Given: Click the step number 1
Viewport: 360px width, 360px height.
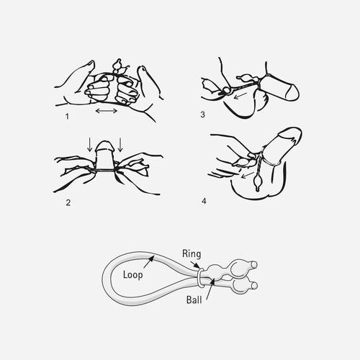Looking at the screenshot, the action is click(x=67, y=117).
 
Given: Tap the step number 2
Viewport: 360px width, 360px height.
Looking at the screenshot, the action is click(x=68, y=203).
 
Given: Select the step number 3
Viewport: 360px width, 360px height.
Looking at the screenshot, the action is click(x=203, y=114).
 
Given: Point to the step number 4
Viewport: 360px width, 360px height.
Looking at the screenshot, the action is click(x=204, y=201).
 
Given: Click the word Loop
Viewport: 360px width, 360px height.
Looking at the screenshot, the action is click(x=132, y=275).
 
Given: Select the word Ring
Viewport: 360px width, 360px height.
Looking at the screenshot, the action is click(x=192, y=254).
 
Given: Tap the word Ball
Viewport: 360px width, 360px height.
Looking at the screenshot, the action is click(x=194, y=300).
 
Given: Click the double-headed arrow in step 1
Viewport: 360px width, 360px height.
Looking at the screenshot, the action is click(x=107, y=111).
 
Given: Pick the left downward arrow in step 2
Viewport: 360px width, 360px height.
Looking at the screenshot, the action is click(x=89, y=144).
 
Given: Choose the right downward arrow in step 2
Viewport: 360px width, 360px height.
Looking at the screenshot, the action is click(x=120, y=144).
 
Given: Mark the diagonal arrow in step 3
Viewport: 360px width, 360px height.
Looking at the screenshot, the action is click(x=240, y=96).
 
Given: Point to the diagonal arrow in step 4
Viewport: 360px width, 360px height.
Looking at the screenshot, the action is click(x=247, y=175).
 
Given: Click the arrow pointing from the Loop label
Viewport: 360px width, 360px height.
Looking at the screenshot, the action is click(x=149, y=262).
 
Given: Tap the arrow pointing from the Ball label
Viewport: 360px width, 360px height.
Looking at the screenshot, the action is click(x=210, y=289).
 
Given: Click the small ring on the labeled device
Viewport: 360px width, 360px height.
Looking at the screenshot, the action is click(x=199, y=278).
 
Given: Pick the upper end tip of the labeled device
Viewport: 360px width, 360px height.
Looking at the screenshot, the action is click(x=254, y=265).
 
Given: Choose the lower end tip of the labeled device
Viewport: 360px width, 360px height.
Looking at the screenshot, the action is click(x=254, y=285).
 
